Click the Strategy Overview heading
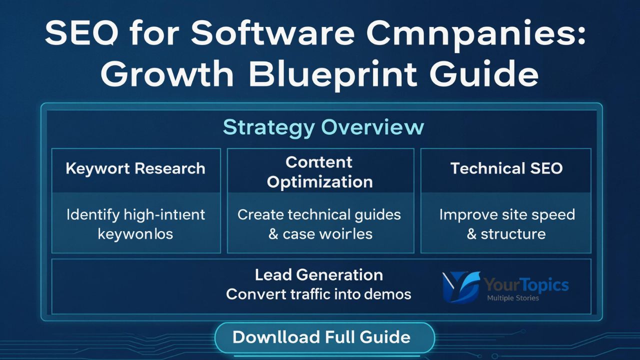coord(323,127)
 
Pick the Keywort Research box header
coord(135,168)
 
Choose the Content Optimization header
coord(320,171)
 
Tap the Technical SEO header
coord(506,168)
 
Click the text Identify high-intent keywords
coord(135,223)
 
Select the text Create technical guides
coord(319,215)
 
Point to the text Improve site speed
coord(506,215)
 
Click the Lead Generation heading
coord(319,274)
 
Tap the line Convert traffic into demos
coord(318,294)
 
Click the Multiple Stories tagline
coord(512,298)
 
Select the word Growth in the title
coord(167,75)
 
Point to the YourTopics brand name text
coord(526,285)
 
